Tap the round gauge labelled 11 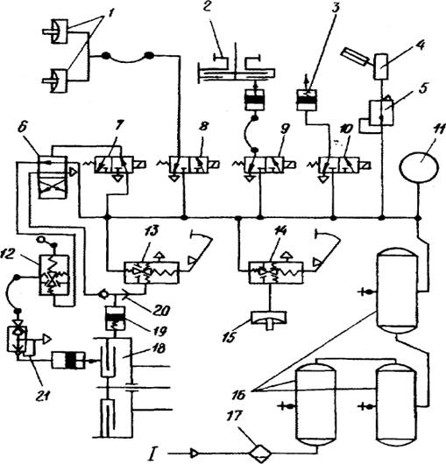coord(419,166)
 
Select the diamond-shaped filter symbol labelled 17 coord(260,453)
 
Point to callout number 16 coord(239,395)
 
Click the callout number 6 coord(23,128)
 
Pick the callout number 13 coord(152,230)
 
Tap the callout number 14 coord(280,231)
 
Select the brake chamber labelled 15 coord(269,319)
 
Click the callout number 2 coord(207,6)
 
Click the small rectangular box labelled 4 coord(380,67)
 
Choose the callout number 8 coord(203,127)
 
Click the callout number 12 coord(8,254)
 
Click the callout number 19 coord(159,331)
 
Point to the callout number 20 coord(161,311)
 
